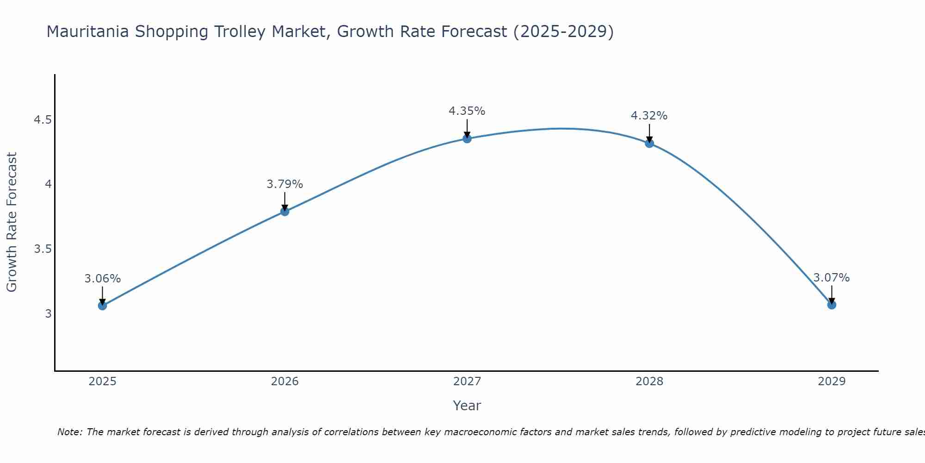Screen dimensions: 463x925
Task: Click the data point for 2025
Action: click(x=102, y=306)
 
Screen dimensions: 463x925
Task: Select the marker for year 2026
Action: click(x=284, y=212)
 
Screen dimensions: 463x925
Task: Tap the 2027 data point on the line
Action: click(x=467, y=138)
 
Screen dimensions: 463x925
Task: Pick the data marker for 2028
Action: click(x=649, y=144)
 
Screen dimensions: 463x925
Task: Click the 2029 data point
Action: click(x=832, y=305)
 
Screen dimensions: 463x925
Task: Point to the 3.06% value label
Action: click(x=102, y=279)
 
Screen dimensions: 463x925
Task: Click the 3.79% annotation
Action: click(x=284, y=184)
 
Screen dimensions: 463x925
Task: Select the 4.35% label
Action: click(x=467, y=111)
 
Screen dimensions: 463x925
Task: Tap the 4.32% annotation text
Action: click(x=649, y=116)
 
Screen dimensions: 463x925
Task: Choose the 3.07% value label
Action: click(x=832, y=278)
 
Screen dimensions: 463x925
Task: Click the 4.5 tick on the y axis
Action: click(x=43, y=120)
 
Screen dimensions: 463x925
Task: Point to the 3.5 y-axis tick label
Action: click(x=43, y=249)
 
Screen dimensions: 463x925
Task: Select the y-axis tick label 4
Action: click(x=48, y=184)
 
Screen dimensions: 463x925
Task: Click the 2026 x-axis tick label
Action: click(x=284, y=382)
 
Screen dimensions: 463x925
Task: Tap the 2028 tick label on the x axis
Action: click(x=649, y=382)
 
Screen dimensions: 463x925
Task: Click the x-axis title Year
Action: click(x=467, y=406)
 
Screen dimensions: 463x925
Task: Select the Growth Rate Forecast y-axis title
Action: click(x=12, y=222)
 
